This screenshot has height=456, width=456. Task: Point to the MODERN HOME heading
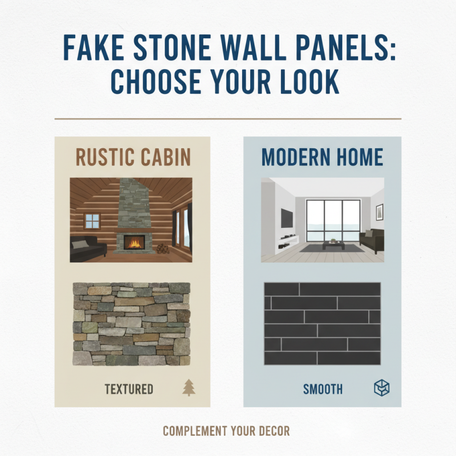pyautogui.click(x=322, y=158)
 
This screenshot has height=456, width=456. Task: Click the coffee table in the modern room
pyautogui.click(x=331, y=243)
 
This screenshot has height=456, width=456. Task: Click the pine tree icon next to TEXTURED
pyautogui.click(x=188, y=388)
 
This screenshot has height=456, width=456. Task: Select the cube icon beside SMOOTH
pyautogui.click(x=381, y=388)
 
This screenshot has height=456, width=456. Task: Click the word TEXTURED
pyautogui.click(x=129, y=389)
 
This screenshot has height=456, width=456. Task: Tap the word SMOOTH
pyautogui.click(x=323, y=389)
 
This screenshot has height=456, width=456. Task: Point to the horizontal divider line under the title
pyautogui.click(x=228, y=119)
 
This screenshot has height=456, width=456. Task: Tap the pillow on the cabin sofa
pyautogui.click(x=80, y=243)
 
